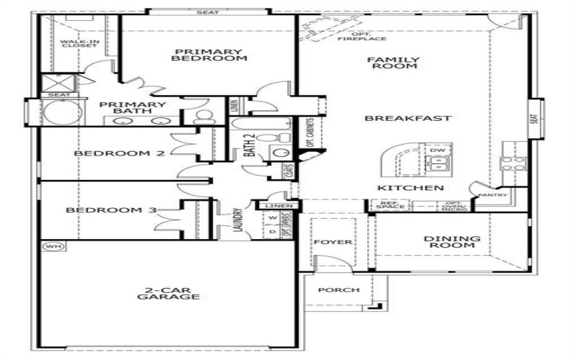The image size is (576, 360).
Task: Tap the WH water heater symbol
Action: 52,246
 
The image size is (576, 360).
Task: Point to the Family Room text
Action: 392,62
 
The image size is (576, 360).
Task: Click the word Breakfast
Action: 408,118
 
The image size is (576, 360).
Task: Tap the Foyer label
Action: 333,242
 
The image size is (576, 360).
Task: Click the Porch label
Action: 338,290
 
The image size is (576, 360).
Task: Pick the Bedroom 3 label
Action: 112,210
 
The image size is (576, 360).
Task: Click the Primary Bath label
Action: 132,107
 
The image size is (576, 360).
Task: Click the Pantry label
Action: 492,194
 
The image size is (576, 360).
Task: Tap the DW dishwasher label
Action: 437,150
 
